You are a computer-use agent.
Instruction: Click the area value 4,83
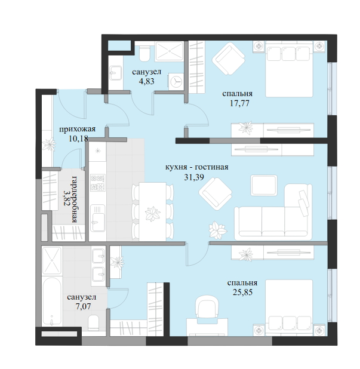click(x=147, y=81)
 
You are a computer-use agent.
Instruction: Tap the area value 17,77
click(x=239, y=103)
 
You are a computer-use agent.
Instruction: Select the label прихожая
click(x=77, y=129)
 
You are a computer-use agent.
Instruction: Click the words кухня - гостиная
click(x=196, y=167)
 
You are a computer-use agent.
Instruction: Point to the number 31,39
click(x=194, y=177)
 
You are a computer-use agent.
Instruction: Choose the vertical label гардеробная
click(x=75, y=199)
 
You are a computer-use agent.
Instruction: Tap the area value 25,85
click(x=242, y=293)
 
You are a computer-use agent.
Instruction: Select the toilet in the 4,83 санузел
click(x=144, y=53)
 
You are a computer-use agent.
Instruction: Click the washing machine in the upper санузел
click(x=176, y=81)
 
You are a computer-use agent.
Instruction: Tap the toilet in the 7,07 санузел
click(x=94, y=322)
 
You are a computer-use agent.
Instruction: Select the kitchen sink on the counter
click(x=99, y=218)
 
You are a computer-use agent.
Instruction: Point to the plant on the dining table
click(x=152, y=214)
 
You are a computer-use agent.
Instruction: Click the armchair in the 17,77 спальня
click(x=229, y=59)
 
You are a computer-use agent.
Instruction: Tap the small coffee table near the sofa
click(x=264, y=185)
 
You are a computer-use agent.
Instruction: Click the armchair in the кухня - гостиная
click(x=216, y=193)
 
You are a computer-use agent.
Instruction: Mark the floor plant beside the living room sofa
click(x=218, y=230)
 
